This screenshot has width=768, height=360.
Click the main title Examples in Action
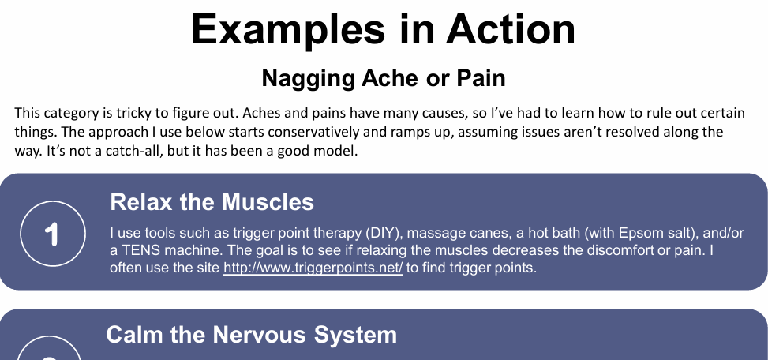pos(384,29)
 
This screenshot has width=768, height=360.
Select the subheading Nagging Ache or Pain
pos(384,78)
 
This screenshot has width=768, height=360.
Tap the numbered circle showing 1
pos(53,234)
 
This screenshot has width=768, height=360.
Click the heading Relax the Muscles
pos(212,202)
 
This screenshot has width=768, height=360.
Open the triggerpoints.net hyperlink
pos(313,268)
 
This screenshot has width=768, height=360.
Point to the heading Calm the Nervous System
pos(251,335)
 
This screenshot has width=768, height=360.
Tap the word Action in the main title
pos(511,29)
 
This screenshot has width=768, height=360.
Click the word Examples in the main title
pos(288,30)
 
